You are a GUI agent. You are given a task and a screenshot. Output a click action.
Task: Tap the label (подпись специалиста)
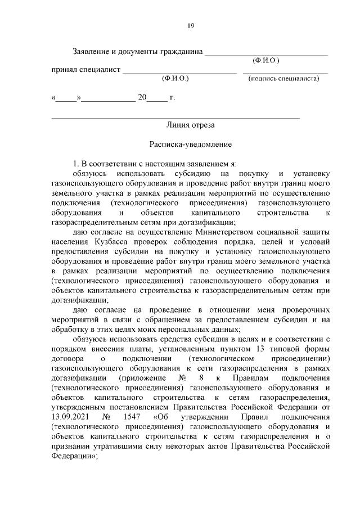coord(283,79)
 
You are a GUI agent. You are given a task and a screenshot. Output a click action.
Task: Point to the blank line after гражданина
coord(265,52)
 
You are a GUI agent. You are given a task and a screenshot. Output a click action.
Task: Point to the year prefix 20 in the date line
coord(142,97)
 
